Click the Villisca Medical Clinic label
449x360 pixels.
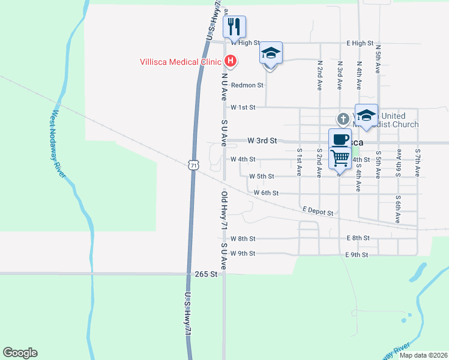click(181, 61)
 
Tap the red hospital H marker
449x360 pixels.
click(230, 61)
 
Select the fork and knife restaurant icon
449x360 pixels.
click(235, 26)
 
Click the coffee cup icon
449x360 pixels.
click(340, 139)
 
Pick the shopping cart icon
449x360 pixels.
click(340, 158)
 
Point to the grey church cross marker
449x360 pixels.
click(343, 119)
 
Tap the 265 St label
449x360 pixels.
click(205, 274)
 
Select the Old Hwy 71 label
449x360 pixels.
click(223, 211)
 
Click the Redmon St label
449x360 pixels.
click(247, 85)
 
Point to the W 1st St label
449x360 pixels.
click(243, 107)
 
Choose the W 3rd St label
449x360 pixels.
click(262, 140)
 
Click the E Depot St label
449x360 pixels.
click(318, 211)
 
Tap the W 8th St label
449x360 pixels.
click(243, 238)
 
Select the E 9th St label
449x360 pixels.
click(356, 255)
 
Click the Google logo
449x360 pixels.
click(20, 353)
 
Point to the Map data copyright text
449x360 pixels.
click(423, 355)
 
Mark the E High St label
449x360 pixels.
click(360, 44)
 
